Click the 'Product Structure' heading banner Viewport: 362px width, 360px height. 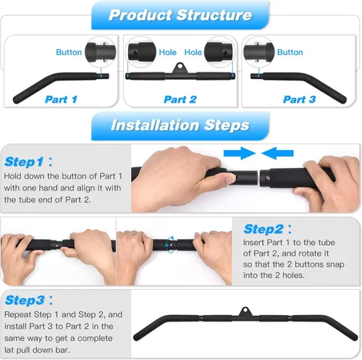pyautogui.click(x=180, y=15)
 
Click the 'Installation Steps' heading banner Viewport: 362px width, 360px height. pyautogui.click(x=180, y=125)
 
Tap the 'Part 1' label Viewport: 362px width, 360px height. pyautogui.click(x=61, y=99)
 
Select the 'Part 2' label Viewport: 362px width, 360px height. pyautogui.click(x=180, y=99)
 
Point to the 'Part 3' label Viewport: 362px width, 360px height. pyautogui.click(x=300, y=99)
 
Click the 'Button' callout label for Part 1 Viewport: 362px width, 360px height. pyautogui.click(x=69, y=52)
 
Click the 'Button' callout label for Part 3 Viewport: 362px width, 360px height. pyautogui.click(x=290, y=52)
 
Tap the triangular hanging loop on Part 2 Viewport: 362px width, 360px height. pyautogui.click(x=180, y=68)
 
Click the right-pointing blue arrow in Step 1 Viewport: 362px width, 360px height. pyautogui.click(x=240, y=153)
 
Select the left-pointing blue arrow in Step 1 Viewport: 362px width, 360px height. pyautogui.click(x=277, y=153)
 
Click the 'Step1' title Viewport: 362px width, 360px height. pyautogui.click(x=24, y=162)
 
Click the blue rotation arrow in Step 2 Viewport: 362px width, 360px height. pyautogui.click(x=170, y=244)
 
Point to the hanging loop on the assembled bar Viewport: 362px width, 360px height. pyautogui.click(x=245, y=311)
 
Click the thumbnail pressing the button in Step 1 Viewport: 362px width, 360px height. pyautogui.click(x=230, y=179)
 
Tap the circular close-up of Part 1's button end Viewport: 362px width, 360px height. pyautogui.click(x=101, y=52)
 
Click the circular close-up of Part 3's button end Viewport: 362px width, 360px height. pyautogui.click(x=258, y=52)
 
